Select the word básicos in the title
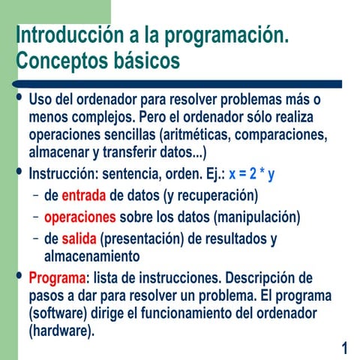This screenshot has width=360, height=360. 147,60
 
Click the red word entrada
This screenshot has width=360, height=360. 84,196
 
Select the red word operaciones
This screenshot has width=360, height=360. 80,217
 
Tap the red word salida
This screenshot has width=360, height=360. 79,239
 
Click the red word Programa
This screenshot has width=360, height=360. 57,277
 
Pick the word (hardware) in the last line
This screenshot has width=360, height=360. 60,329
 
